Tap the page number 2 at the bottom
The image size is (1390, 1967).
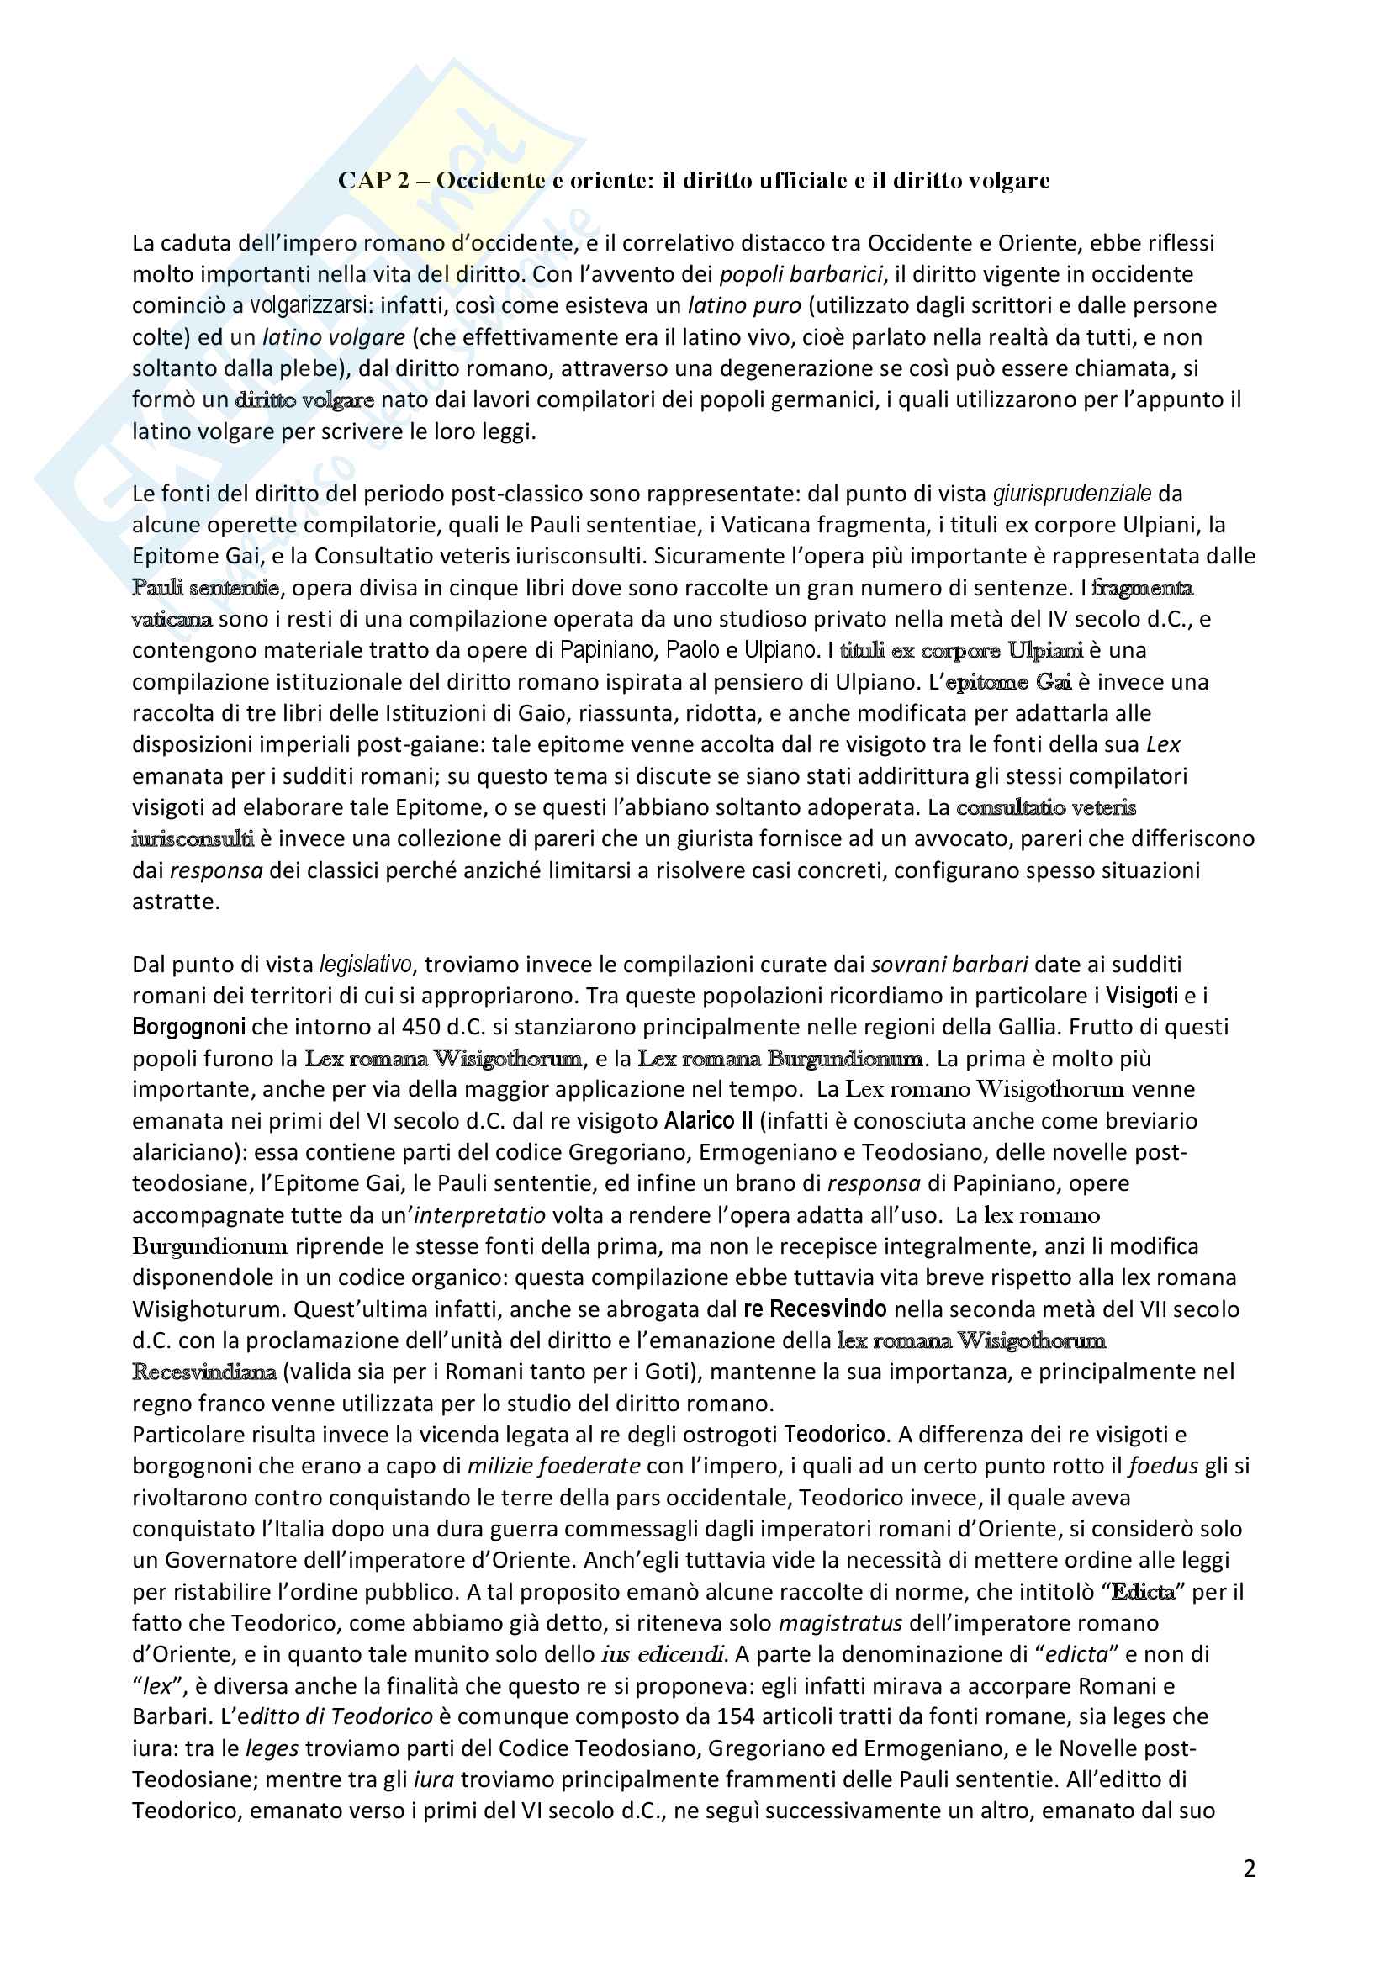point(1249,1869)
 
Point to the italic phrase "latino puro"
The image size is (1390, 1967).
point(744,306)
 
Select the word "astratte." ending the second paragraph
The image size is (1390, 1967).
point(176,902)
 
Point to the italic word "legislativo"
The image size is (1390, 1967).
point(366,965)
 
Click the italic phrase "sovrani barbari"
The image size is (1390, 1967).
point(949,965)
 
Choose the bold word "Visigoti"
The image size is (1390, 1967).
point(1142,996)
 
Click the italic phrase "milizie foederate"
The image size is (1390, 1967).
point(553,1466)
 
